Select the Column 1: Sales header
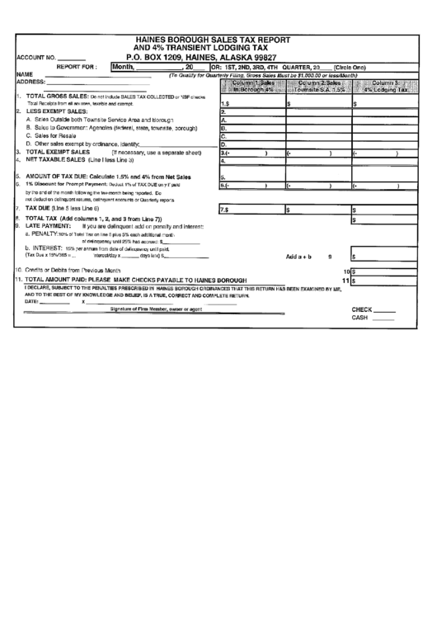pyautogui.click(x=251, y=87)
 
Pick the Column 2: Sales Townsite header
pyautogui.click(x=318, y=87)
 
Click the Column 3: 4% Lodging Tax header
pyautogui.click(x=385, y=87)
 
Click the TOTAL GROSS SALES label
pyautogui.click(x=57, y=97)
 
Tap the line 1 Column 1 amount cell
pyautogui.click(x=251, y=104)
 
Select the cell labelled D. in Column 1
pyautogui.click(x=251, y=144)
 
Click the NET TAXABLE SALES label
pyautogui.click(x=61, y=160)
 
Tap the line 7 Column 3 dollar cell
pyautogui.click(x=385, y=210)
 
